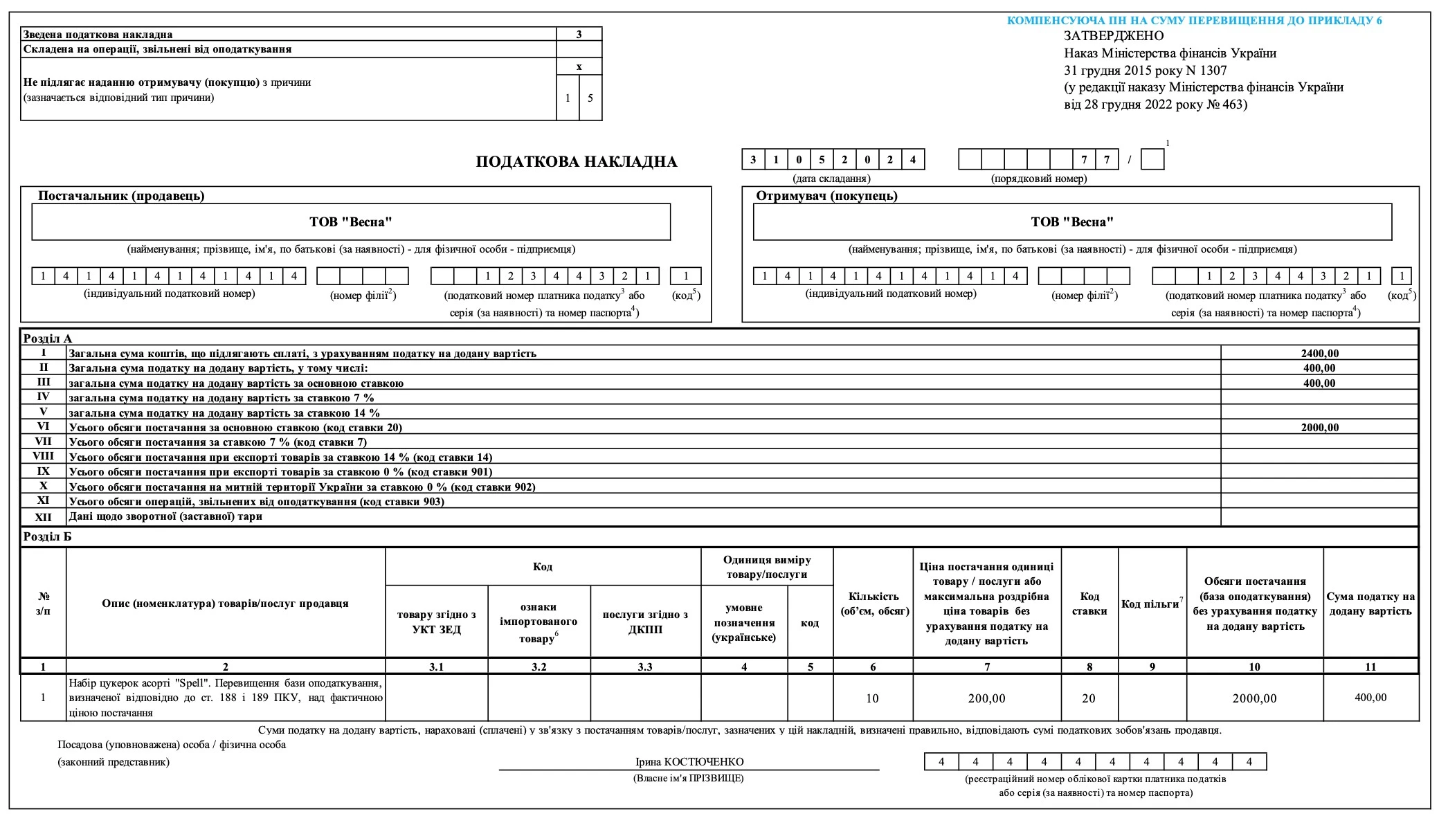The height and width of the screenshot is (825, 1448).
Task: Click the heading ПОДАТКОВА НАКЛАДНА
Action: click(576, 162)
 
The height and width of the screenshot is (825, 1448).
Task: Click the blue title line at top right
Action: click(1194, 21)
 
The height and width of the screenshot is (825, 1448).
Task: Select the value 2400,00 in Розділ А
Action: click(1319, 354)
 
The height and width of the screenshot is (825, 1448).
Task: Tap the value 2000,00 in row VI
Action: click(1319, 428)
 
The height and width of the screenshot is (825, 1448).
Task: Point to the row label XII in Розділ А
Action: click(43, 517)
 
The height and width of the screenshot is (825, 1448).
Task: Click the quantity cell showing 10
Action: click(872, 698)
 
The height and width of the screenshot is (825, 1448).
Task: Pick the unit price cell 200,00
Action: click(986, 698)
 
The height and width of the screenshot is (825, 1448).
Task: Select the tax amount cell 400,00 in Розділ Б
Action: click(1370, 698)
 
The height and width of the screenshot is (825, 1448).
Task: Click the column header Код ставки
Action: click(1089, 604)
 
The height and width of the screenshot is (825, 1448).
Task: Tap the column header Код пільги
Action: click(1151, 604)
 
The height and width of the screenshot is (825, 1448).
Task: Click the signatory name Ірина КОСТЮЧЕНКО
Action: click(689, 762)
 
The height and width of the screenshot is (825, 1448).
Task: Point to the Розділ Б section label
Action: click(47, 537)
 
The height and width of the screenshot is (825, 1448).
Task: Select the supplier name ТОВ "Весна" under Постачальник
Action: click(351, 222)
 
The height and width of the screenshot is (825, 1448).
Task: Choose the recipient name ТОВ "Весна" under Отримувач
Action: click(1072, 222)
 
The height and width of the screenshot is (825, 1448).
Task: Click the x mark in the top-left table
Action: click(579, 67)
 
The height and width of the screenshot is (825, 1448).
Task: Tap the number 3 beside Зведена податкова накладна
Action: click(579, 34)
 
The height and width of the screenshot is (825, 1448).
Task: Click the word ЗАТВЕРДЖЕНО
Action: click(1114, 36)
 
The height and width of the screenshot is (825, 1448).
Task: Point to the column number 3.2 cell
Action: click(539, 667)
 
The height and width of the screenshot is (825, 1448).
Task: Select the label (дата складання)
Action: click(831, 179)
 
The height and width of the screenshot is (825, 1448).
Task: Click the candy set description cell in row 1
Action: click(226, 698)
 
